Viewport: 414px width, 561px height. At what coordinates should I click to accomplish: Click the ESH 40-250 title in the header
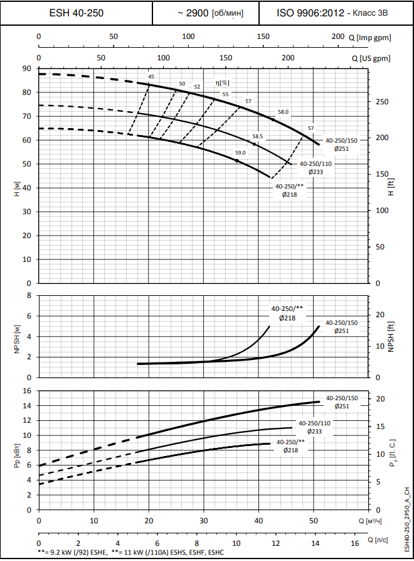pyautogui.click(x=77, y=13)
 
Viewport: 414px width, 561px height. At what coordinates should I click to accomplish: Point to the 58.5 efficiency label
pyautogui.click(x=257, y=136)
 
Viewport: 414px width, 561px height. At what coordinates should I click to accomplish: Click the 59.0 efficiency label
pyautogui.click(x=240, y=153)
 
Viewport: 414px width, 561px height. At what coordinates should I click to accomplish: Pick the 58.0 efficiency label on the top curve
pyautogui.click(x=283, y=111)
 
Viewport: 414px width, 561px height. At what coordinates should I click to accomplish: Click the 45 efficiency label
pyautogui.click(x=151, y=77)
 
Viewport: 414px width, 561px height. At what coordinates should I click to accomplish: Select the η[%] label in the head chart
pyautogui.click(x=222, y=82)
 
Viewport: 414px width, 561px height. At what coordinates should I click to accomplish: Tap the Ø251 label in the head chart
pyautogui.click(x=341, y=149)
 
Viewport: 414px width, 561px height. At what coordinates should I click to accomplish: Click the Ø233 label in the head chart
pyautogui.click(x=315, y=172)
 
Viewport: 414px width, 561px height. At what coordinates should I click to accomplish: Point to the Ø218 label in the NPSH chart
pyautogui.click(x=287, y=318)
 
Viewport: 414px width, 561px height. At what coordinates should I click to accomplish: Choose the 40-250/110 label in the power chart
pyautogui.click(x=314, y=423)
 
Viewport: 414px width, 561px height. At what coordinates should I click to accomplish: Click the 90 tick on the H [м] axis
pyautogui.click(x=27, y=68)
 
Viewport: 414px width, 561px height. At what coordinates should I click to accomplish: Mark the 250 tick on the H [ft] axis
pyautogui.click(x=381, y=102)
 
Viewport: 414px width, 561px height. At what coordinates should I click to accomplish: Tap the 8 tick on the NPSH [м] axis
pyautogui.click(x=29, y=295)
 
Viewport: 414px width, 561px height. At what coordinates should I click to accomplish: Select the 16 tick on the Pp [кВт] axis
pyautogui.click(x=27, y=390)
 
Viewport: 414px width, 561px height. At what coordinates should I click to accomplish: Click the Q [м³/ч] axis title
pyautogui.click(x=371, y=521)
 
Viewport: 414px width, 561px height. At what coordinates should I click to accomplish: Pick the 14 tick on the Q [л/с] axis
pyautogui.click(x=315, y=543)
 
